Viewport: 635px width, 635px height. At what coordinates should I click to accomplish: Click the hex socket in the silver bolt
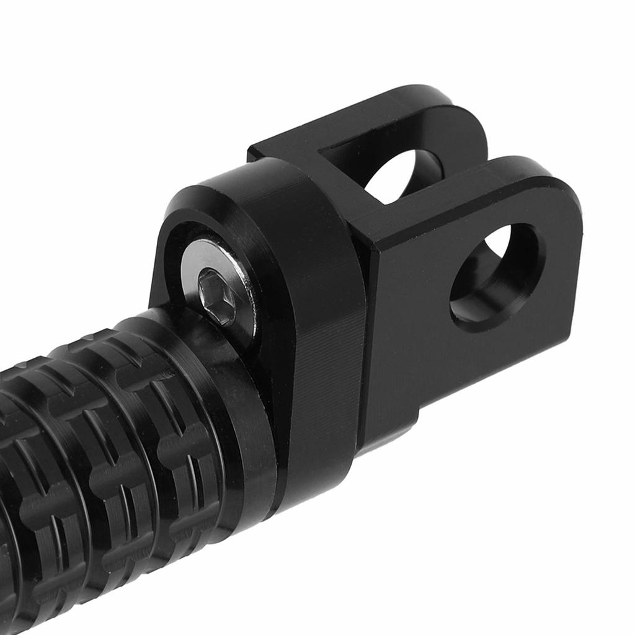tap(218, 297)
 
